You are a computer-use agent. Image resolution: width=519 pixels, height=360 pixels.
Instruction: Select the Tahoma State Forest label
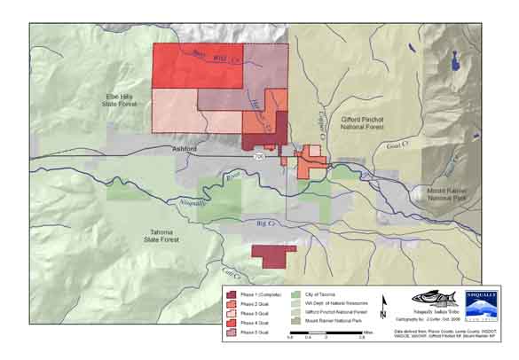[169, 233]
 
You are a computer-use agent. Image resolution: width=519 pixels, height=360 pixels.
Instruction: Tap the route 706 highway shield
[258, 156]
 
